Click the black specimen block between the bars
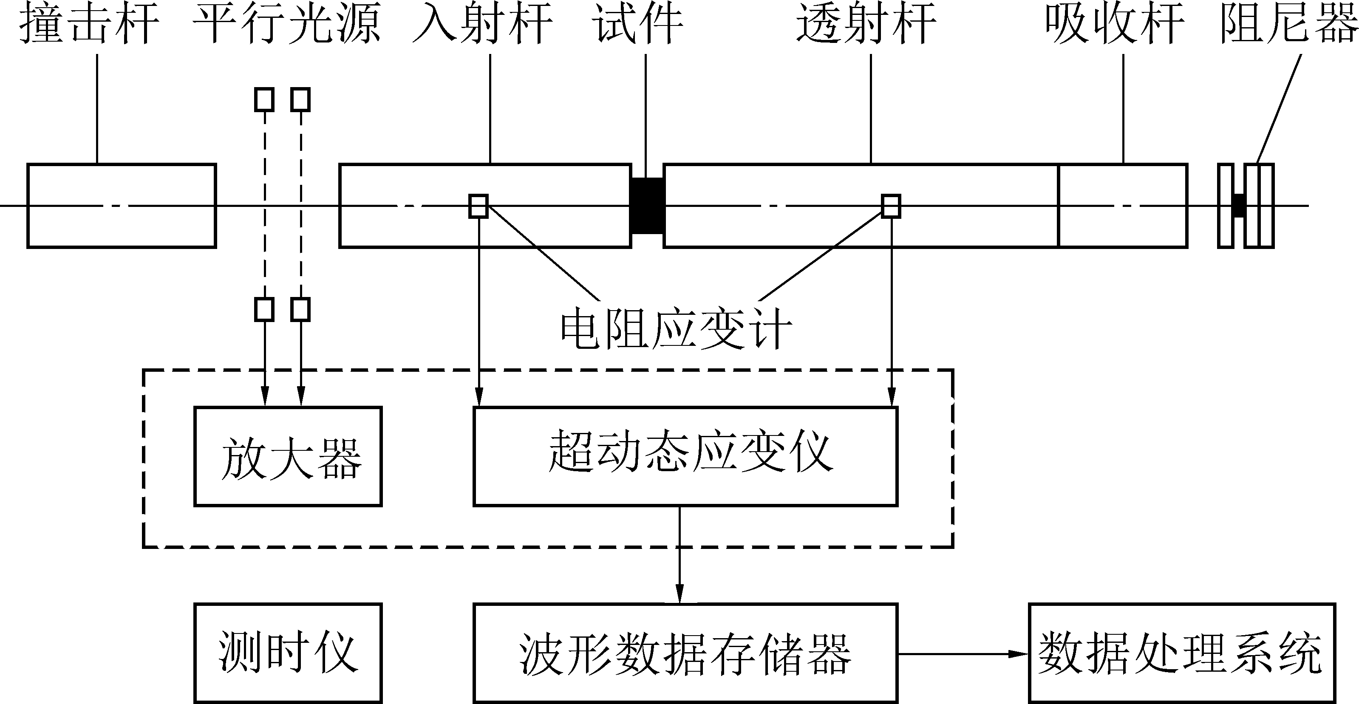point(647,206)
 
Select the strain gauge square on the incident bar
point(478,206)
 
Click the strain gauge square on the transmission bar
point(891,206)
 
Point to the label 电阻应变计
point(676,330)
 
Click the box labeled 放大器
point(288,456)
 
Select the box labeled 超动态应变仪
point(685,456)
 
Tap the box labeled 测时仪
point(288,653)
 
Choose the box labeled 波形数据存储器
point(685,653)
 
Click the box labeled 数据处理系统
point(1182,653)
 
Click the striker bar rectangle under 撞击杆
point(122,206)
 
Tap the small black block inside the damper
point(1239,206)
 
